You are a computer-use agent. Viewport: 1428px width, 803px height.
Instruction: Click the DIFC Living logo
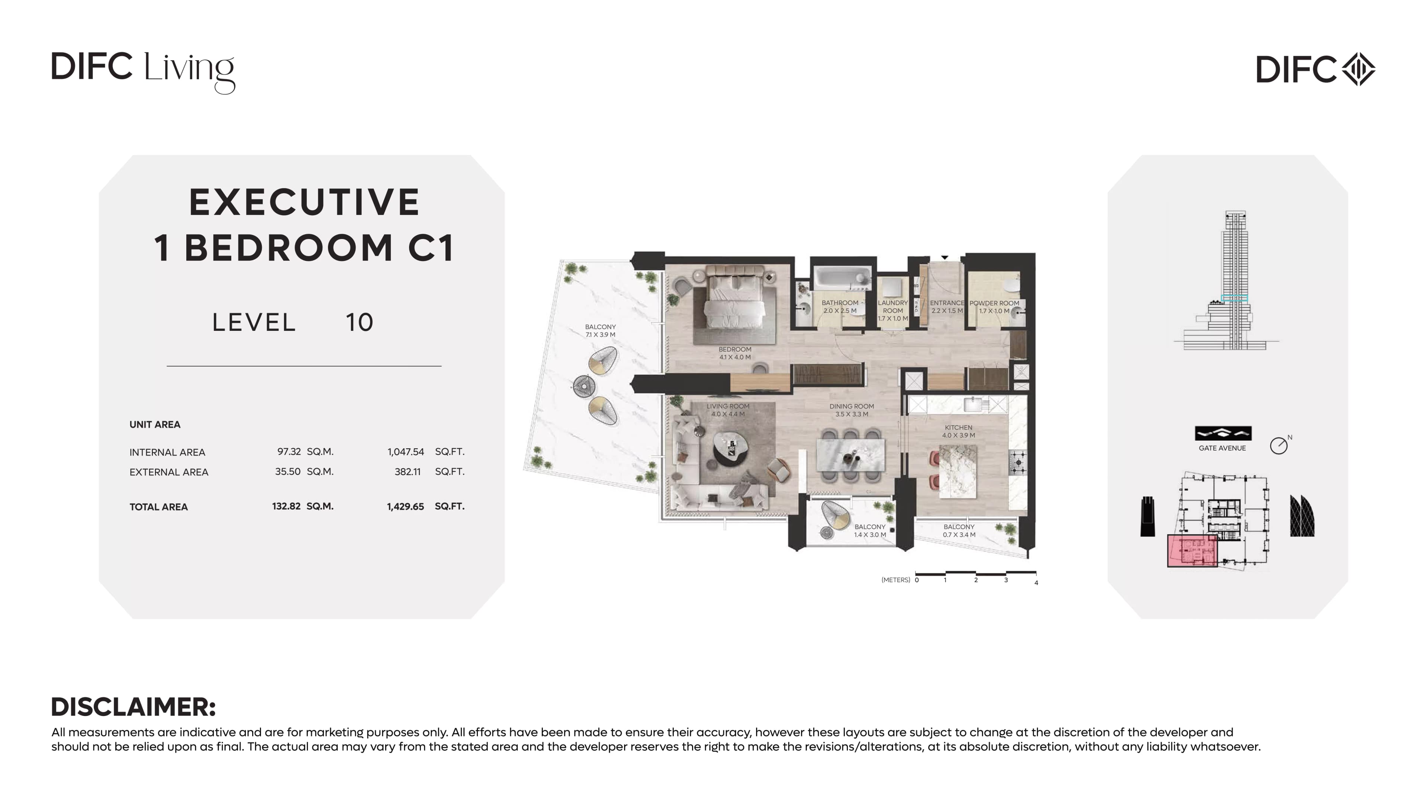tap(143, 72)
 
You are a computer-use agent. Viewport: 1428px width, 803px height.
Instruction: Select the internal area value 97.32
tap(289, 452)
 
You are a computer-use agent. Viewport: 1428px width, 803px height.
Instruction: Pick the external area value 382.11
tap(408, 472)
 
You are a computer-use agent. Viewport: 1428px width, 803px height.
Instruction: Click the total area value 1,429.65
tap(405, 506)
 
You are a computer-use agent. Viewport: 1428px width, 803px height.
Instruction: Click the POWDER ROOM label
tap(994, 303)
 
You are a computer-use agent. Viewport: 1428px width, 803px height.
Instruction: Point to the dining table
tap(850, 455)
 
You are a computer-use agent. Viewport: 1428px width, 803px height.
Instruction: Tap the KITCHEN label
tap(958, 427)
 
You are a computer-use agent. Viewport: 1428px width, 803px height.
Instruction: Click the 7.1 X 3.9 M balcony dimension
tap(600, 335)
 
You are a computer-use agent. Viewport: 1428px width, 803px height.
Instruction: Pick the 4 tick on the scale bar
tap(1036, 583)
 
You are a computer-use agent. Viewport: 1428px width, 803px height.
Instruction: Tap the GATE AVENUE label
tap(1222, 448)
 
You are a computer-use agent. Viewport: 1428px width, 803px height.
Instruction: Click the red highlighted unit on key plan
tap(1192, 551)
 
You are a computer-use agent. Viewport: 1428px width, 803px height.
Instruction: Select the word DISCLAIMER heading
tap(134, 707)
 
